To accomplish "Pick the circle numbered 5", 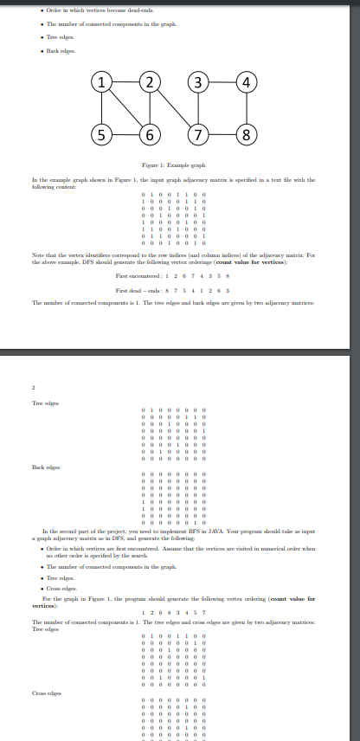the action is click(103, 134).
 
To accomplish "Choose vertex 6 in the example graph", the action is click(151, 134).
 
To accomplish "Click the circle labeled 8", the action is click(248, 134).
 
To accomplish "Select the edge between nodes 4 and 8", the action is click(248, 109).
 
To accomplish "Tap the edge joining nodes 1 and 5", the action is click(103, 109).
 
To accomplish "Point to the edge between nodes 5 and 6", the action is click(126, 134).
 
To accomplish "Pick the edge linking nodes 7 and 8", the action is click(224, 134).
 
